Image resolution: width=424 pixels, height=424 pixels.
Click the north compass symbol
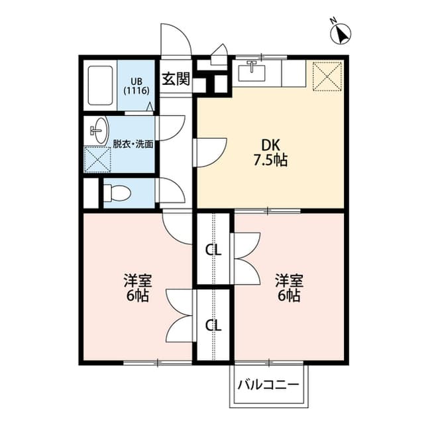point(342,31)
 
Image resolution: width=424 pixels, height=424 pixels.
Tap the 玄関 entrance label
point(176,79)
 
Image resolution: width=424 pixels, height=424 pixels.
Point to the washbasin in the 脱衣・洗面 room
point(97,129)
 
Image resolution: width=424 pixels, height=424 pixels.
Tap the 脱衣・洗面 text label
point(133,144)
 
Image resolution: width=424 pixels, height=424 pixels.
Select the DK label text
point(270,145)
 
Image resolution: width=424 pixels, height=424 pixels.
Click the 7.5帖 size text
point(270,161)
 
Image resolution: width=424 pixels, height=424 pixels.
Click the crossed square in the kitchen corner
point(326,74)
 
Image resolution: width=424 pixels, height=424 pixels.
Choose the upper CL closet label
point(213,251)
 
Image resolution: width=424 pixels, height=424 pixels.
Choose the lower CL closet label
point(213,325)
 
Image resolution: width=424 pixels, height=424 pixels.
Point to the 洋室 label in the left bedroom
point(136,279)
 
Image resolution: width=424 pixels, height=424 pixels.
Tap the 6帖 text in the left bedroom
point(136,296)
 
